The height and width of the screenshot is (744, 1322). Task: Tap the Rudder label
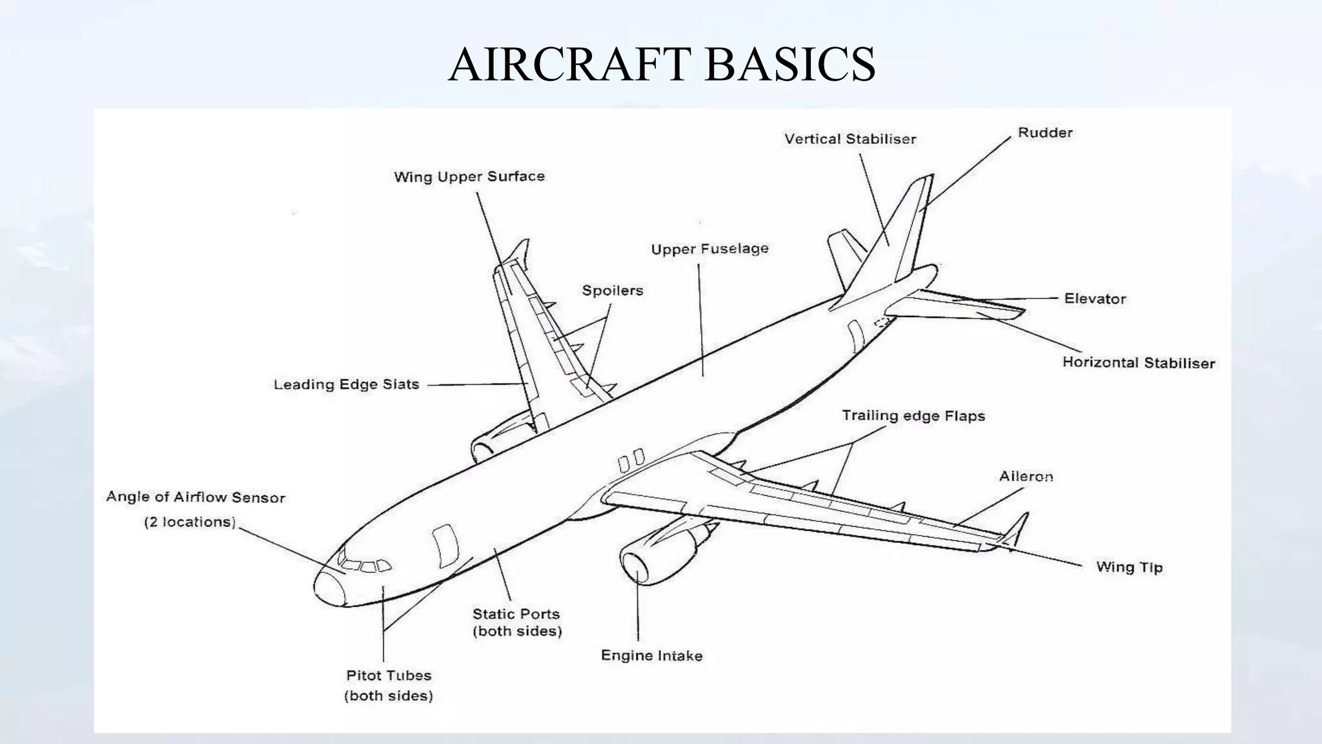click(x=1045, y=132)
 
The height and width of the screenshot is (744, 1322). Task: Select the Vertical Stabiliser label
click(x=850, y=139)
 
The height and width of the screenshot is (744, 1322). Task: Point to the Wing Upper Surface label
click(x=469, y=176)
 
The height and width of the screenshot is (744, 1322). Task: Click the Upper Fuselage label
click(x=709, y=249)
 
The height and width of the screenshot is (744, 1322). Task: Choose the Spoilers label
click(x=613, y=290)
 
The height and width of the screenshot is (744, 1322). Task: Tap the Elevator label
click(x=1095, y=298)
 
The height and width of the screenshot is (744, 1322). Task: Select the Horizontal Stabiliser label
click(x=1139, y=362)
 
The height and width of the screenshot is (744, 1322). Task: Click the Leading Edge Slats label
click(x=347, y=384)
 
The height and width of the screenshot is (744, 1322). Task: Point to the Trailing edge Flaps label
click(x=913, y=415)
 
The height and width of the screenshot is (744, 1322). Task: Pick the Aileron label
click(x=1026, y=476)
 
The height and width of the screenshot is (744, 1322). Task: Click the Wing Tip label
click(x=1129, y=567)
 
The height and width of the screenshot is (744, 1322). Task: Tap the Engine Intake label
click(x=651, y=656)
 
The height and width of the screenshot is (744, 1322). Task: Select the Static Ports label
click(x=516, y=614)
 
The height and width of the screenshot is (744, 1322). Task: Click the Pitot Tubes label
click(x=389, y=676)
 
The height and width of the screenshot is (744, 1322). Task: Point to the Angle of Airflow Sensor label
click(x=196, y=497)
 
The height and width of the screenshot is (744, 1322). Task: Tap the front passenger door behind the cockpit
click(x=445, y=546)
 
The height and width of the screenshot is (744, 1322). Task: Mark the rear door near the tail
click(x=856, y=336)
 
